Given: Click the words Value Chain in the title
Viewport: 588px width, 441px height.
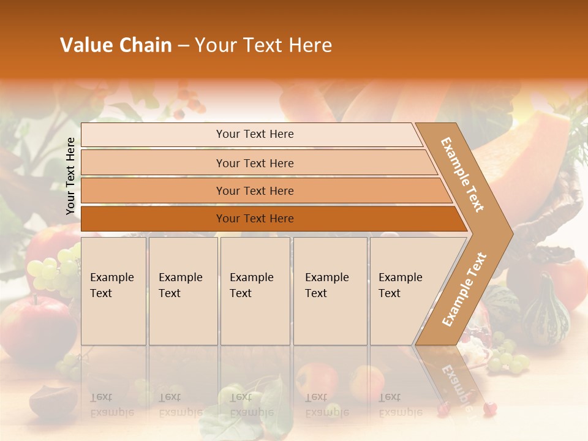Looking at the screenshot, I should (x=116, y=45).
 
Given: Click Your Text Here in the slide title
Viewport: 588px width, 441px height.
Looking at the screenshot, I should (x=263, y=45).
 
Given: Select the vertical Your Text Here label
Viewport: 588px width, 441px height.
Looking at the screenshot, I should (x=70, y=176).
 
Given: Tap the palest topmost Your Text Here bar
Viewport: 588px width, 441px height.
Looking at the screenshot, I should (x=254, y=134).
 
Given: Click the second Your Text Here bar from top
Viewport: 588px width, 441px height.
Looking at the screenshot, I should (x=254, y=163).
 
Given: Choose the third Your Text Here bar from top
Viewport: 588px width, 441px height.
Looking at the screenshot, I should (x=254, y=190).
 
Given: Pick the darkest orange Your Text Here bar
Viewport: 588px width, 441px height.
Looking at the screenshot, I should (x=254, y=219).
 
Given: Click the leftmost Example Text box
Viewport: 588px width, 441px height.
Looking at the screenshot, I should (x=113, y=291).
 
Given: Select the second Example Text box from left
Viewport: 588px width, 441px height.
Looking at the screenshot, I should (x=183, y=291).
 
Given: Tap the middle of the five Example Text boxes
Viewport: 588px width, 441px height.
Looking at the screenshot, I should (x=255, y=291).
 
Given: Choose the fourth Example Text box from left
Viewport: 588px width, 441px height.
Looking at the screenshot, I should (x=330, y=291).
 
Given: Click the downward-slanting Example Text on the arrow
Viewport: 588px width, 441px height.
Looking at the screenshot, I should (x=463, y=175).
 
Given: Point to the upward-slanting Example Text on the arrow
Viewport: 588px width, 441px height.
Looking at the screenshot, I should (x=464, y=289).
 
